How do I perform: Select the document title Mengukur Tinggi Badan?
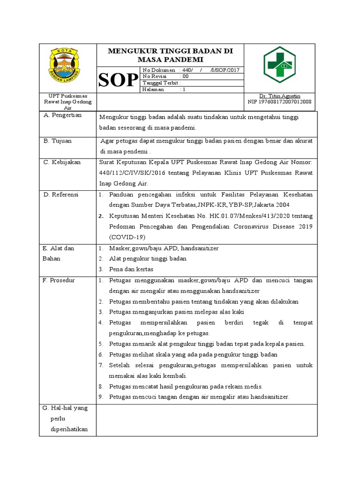pos(170,55)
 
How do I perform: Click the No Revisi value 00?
pos(185,76)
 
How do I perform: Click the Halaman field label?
pos(153,90)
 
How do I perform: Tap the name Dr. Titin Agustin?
pos(279,96)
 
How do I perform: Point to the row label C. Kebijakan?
pos(62,162)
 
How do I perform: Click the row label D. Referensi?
pos(61,194)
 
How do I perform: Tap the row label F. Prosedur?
pos(59,280)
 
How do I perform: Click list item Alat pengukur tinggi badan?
pos(148,259)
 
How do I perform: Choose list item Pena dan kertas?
pos(131,270)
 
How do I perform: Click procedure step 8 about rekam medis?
pos(186,387)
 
